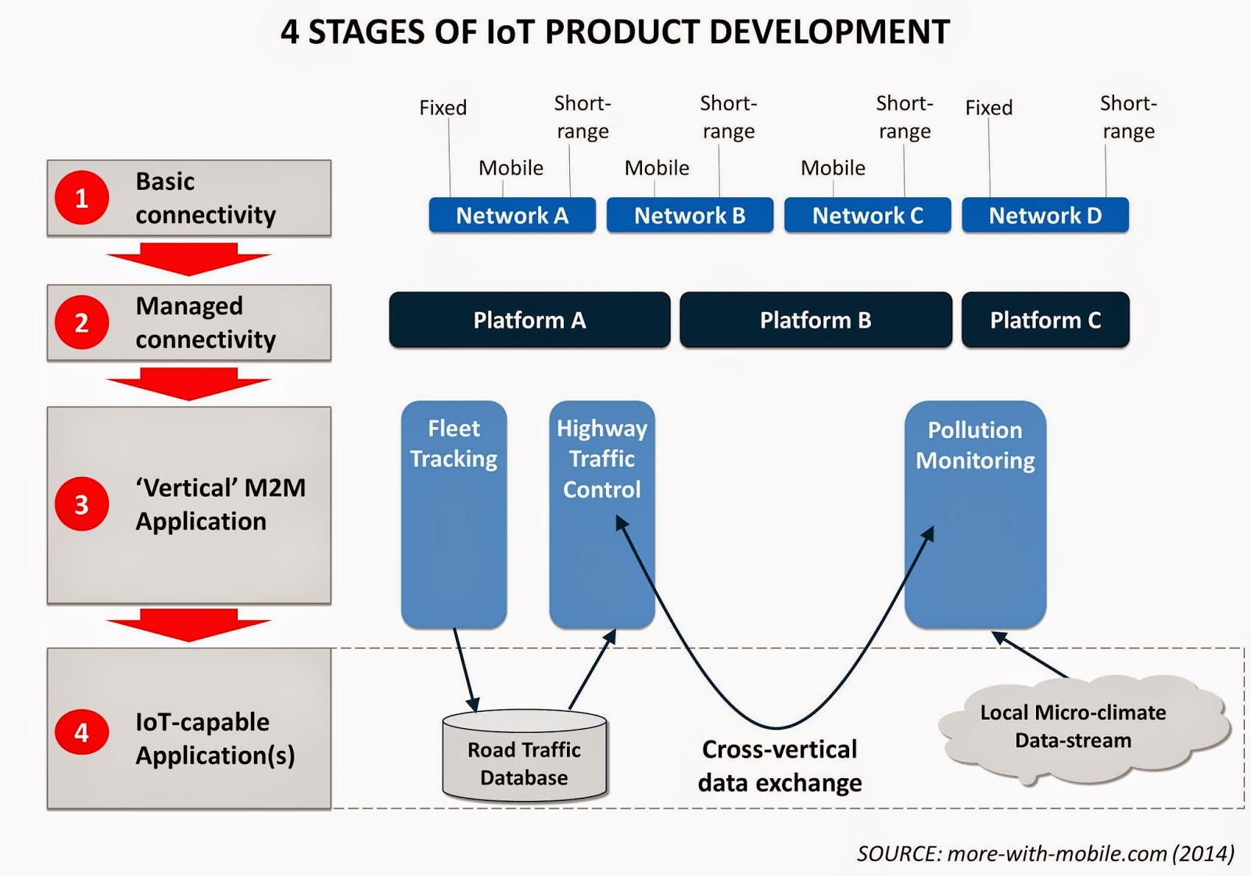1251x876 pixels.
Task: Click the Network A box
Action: click(x=512, y=215)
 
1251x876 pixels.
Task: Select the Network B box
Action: click(x=690, y=215)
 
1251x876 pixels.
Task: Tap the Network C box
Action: click(x=867, y=215)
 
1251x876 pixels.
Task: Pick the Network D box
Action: click(x=1045, y=215)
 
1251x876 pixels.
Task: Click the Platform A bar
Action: click(x=529, y=320)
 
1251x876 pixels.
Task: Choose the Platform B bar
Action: click(x=815, y=320)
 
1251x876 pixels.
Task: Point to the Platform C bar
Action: click(x=1045, y=320)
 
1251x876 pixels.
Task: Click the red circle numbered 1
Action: click(x=81, y=198)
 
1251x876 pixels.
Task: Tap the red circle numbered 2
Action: click(x=81, y=322)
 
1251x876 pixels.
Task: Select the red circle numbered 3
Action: click(x=81, y=504)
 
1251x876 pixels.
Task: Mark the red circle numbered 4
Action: click(x=81, y=732)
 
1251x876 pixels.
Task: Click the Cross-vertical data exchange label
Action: click(x=780, y=766)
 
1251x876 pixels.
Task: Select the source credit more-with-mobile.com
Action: click(x=1045, y=853)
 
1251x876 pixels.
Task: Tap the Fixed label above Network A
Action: click(x=443, y=107)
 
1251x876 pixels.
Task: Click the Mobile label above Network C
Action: click(x=833, y=167)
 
